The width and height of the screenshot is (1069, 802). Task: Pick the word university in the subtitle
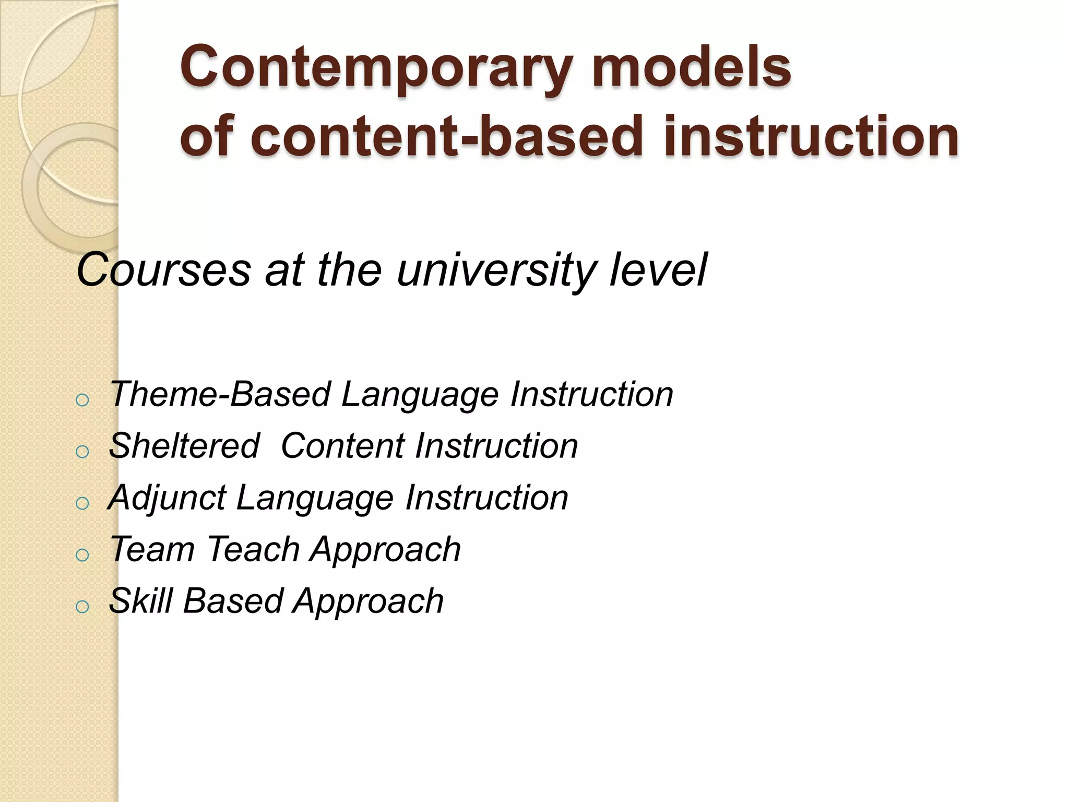pos(496,270)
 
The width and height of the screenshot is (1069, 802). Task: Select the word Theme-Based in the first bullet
pos(220,394)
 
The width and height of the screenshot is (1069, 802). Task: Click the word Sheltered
pos(184,446)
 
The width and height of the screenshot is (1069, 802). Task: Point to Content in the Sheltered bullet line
pos(342,446)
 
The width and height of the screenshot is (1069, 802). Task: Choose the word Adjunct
pos(167,498)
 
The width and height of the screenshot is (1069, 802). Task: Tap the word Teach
pos(253,549)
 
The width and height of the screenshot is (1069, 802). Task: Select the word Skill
pos(140,601)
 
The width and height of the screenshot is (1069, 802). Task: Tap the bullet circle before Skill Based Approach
pos(82,607)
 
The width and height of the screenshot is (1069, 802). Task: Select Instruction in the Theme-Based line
pos(592,394)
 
